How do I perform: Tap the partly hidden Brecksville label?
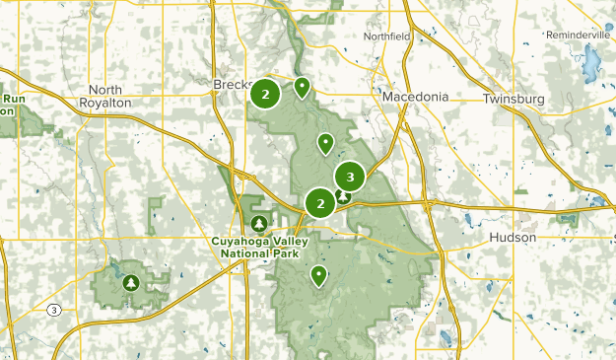pos(230,86)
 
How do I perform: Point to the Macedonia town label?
pos(416,98)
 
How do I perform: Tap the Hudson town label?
pos(513,239)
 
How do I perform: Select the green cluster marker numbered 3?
pos(350,178)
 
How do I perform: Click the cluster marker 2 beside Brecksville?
pos(265,95)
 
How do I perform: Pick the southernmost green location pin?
pos(318,275)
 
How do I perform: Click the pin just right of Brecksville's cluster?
pos(302,88)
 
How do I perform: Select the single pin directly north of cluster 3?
pos(324,144)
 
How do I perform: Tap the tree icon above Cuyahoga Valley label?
pos(259,223)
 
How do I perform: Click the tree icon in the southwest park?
pos(131,283)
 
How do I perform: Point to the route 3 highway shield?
pos(53,310)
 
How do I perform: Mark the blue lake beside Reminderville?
pos(590,66)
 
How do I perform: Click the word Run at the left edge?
pos(14,99)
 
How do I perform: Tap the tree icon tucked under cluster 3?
pos(343,196)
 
